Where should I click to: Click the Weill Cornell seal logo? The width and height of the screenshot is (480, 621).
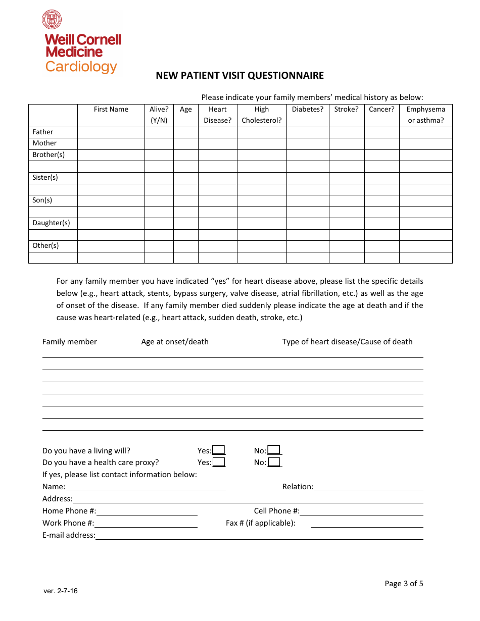coord(52,20)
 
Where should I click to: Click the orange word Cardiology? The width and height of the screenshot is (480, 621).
coord(81,67)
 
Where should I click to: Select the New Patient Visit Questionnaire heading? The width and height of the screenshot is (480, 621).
coord(239,76)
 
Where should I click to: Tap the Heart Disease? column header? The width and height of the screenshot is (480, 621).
coord(218,115)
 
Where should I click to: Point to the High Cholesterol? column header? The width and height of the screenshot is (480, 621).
coord(262,115)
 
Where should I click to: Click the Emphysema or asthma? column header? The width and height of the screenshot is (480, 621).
coord(425,115)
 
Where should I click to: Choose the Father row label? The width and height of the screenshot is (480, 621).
coord(43,132)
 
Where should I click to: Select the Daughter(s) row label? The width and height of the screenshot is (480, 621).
coord(51,223)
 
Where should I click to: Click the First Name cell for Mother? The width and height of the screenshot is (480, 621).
coord(111,143)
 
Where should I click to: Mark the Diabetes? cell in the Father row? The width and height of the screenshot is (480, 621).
coord(308,132)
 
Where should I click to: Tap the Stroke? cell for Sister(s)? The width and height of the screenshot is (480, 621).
coord(346,178)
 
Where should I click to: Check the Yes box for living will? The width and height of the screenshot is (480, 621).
coord(219,450)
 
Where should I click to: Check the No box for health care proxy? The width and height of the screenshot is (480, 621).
coord(274,462)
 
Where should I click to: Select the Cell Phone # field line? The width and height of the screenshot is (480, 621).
coord(361,511)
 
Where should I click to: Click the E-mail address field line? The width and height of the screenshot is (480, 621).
coord(259,535)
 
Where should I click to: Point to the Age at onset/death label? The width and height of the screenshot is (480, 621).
coord(175,342)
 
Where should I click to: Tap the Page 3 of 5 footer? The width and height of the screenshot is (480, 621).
coord(404,584)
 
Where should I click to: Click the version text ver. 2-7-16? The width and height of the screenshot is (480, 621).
coord(61,591)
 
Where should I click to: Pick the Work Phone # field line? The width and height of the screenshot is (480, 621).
coord(146,523)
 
